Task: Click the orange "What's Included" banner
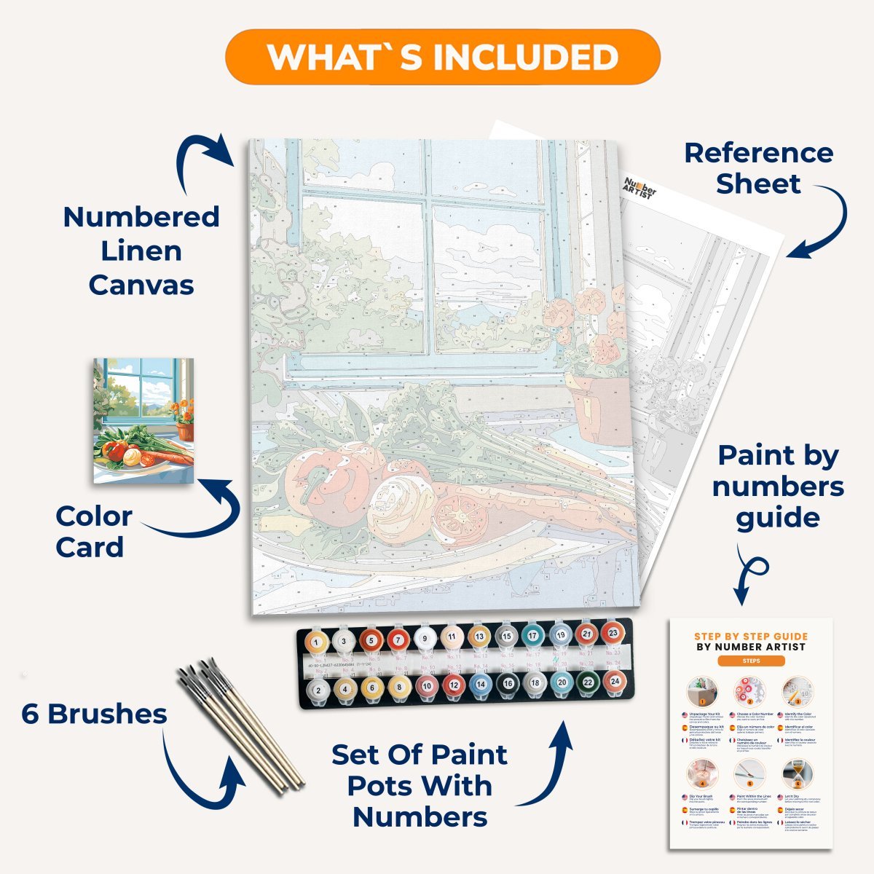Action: click(x=443, y=57)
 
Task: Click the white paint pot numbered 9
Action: click(x=424, y=639)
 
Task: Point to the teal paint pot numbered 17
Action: click(x=532, y=636)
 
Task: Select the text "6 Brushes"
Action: click(x=94, y=714)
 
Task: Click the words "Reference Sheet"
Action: click(x=758, y=168)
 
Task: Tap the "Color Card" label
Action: click(x=93, y=532)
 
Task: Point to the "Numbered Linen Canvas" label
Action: click(x=141, y=251)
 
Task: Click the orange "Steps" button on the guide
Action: click(x=751, y=661)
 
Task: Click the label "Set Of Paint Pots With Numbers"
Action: click(x=420, y=786)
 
